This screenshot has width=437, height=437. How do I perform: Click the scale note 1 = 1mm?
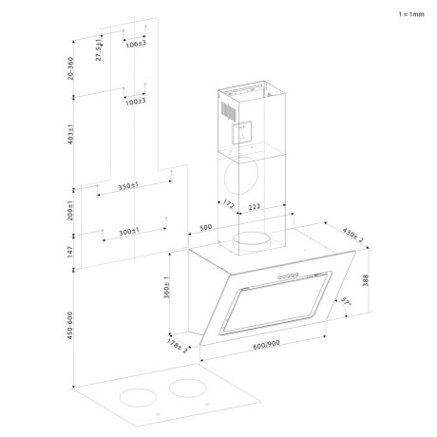411,14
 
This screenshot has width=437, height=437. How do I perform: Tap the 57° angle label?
346,301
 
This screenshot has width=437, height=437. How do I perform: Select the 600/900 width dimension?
266,345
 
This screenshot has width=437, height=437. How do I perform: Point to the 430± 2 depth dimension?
353,235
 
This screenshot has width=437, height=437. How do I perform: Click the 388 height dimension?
366,280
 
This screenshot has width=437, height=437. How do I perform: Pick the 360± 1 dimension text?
166,288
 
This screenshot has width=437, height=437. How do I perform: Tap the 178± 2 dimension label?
177,346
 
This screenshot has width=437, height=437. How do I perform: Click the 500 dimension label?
206,228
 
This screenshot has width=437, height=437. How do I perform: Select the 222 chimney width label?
255,207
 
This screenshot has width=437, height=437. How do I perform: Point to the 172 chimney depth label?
229,204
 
